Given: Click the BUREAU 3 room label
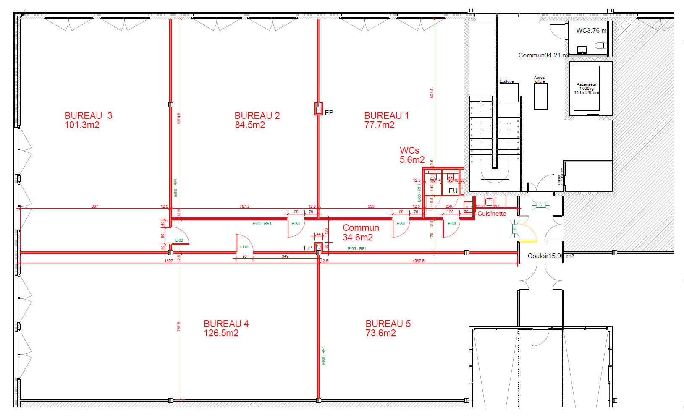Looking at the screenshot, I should click(88, 116).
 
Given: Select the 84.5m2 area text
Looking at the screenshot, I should click(250, 125).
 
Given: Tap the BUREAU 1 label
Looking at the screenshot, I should click(386, 116).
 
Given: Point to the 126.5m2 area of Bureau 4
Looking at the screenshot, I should click(221, 333).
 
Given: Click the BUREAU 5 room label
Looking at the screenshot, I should click(388, 324).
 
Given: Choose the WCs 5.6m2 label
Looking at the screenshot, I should click(411, 155).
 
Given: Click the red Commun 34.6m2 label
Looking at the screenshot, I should click(360, 233).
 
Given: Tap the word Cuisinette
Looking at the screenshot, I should click(492, 214).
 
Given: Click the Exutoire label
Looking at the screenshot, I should click(506, 81).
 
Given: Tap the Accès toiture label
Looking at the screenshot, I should click(540, 79).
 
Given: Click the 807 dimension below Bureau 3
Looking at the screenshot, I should click(95, 206).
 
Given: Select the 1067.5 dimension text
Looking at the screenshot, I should click(418, 261).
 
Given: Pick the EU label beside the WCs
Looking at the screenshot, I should click(453, 191).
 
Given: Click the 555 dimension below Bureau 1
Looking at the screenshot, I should click(371, 206).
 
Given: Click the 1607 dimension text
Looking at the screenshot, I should click(168, 261).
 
